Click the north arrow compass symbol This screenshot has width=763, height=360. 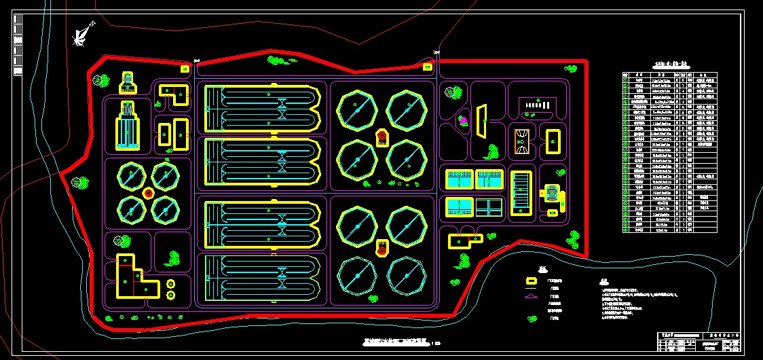[83, 33]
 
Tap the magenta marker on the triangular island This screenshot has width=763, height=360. [464, 120]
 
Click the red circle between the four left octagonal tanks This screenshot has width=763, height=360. [147, 193]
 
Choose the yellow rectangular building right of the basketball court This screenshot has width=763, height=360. [553, 141]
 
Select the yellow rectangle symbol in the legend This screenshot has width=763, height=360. [533, 281]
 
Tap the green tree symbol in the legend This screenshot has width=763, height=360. [533, 317]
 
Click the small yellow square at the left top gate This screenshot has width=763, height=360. [184, 68]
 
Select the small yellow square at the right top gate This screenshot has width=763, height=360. [428, 67]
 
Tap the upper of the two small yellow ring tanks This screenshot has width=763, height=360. [170, 283]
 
